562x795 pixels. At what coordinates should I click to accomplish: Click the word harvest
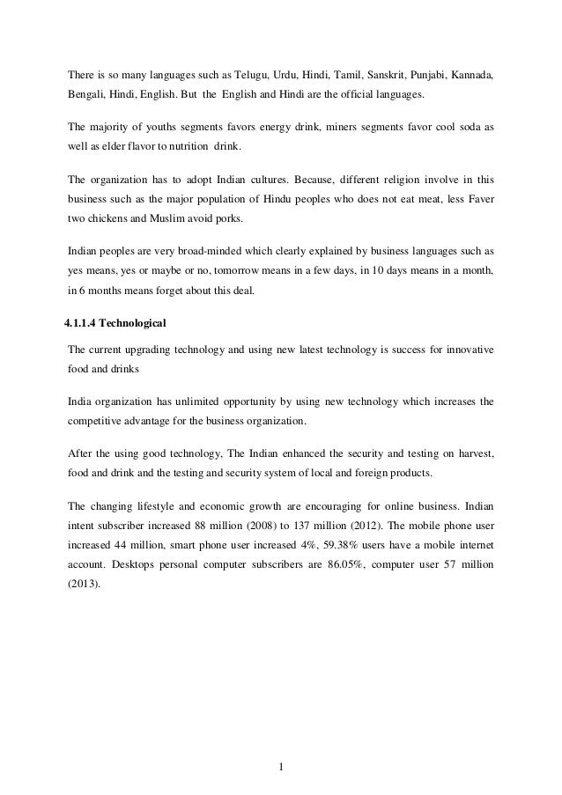click(x=473, y=454)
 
